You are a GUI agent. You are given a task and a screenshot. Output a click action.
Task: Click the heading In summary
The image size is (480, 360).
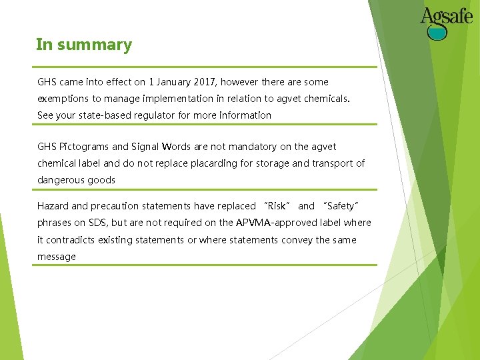(x=84, y=45)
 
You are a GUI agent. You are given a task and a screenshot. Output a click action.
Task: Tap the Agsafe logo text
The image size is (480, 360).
(x=447, y=15)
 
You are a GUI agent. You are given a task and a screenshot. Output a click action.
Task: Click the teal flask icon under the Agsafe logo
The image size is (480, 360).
(x=437, y=32)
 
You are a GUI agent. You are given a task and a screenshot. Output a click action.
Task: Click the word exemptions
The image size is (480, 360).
(x=63, y=99)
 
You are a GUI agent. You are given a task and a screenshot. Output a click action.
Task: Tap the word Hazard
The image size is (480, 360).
(x=53, y=206)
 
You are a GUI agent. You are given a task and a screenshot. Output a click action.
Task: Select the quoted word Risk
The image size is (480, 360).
(x=276, y=206)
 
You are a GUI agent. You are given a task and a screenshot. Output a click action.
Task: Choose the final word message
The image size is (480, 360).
(x=57, y=257)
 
